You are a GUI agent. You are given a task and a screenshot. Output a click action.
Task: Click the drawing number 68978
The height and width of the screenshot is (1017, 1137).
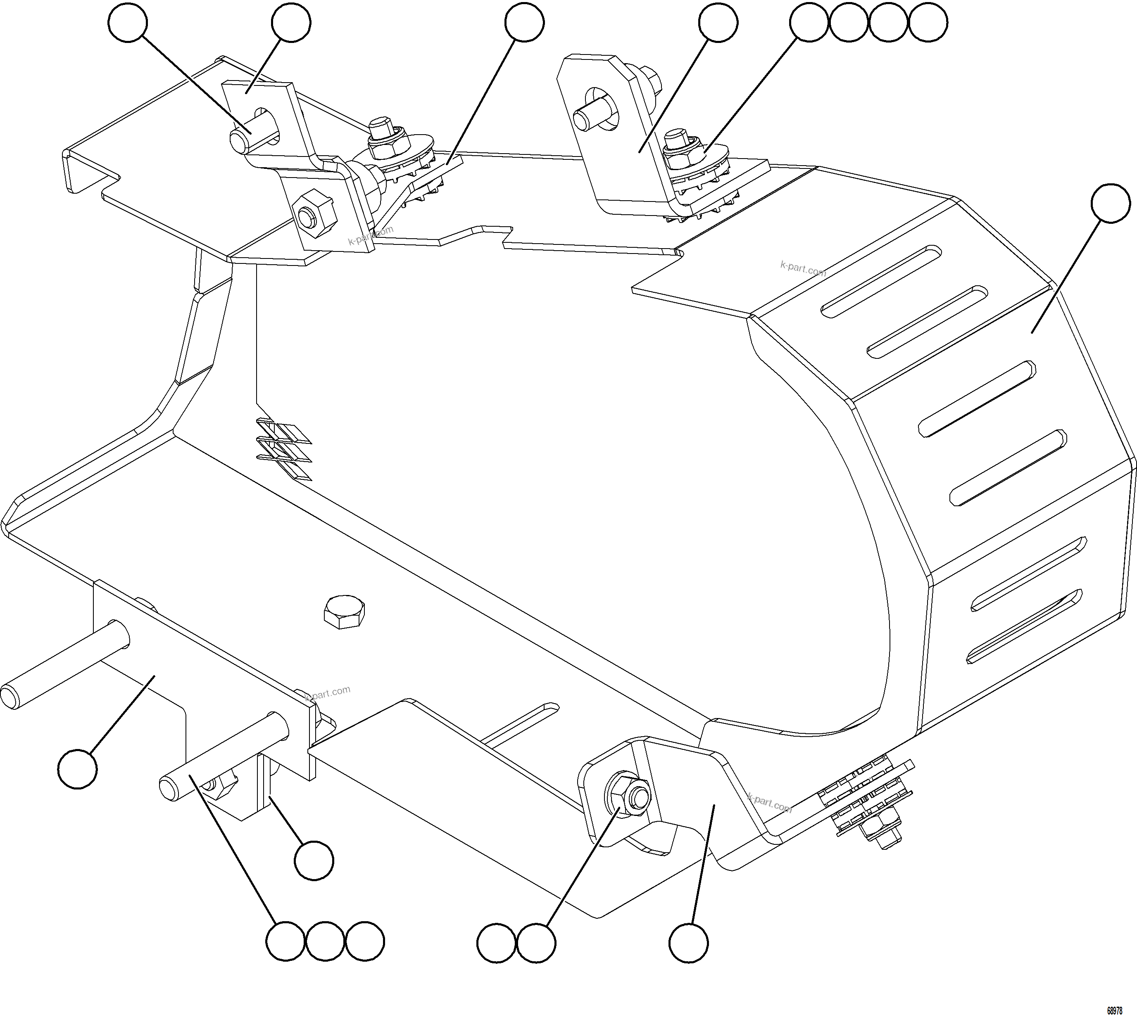(1115, 1011)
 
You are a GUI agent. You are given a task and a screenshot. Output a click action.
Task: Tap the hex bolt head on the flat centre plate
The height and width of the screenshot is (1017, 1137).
(344, 612)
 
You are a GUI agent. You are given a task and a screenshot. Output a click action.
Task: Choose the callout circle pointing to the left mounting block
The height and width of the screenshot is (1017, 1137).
(78, 769)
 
